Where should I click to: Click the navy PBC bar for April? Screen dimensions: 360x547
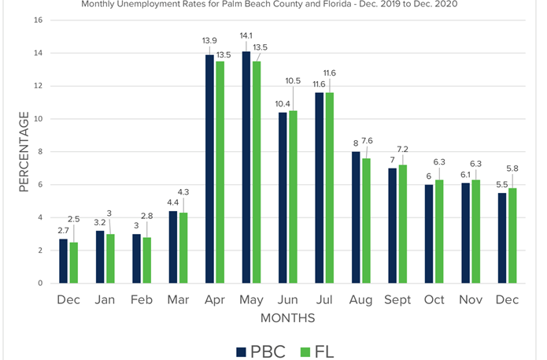click(209, 169)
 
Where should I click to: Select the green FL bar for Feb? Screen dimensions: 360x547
click(147, 260)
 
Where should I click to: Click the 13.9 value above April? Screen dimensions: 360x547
click(208, 39)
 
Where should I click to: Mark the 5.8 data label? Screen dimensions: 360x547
click(512, 169)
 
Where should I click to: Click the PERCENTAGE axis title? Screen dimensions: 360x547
click(24, 152)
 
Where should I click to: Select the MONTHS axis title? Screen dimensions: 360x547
click(288, 318)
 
